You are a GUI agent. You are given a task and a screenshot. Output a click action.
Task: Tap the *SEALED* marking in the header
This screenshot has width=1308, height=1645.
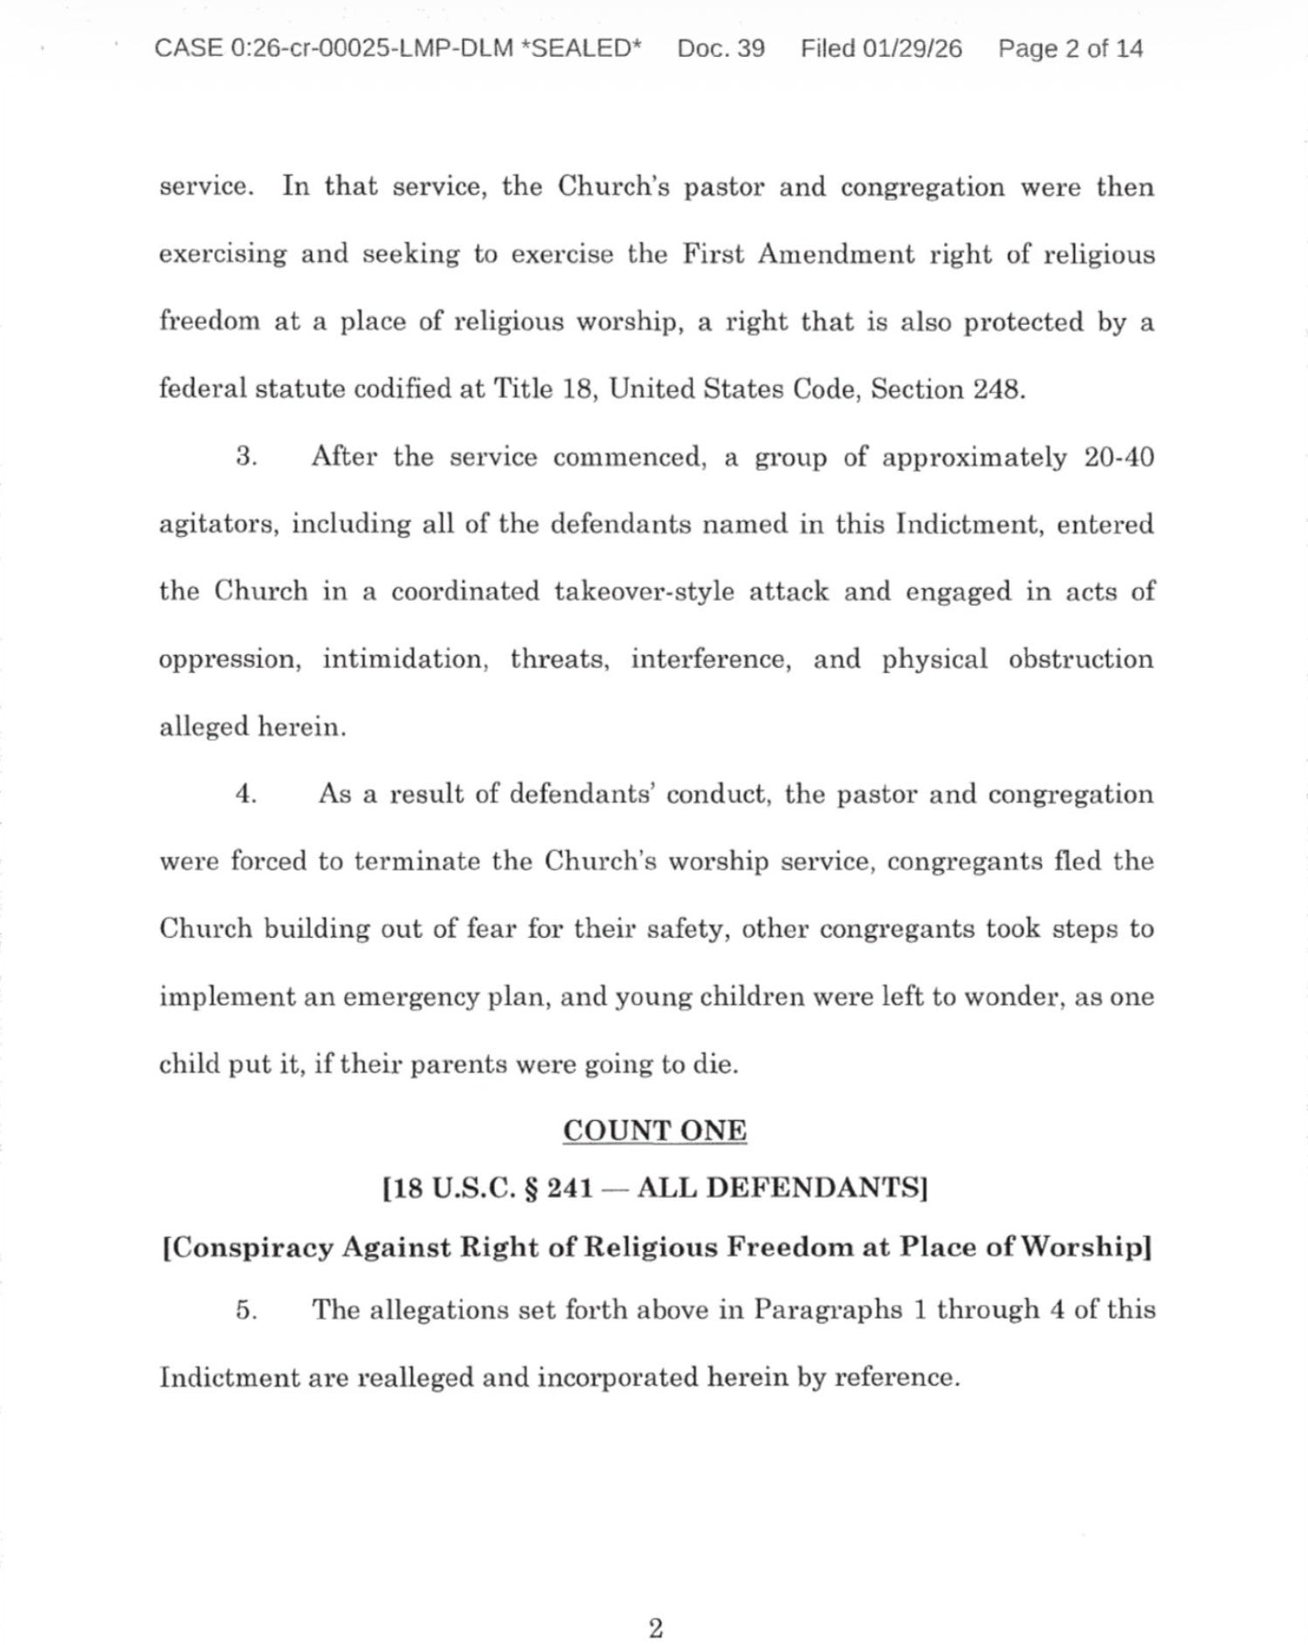tap(581, 48)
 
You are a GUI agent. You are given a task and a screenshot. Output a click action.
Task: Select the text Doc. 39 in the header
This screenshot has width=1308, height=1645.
tap(720, 48)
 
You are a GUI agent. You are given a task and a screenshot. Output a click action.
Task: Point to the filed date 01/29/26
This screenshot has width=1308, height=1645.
tap(912, 48)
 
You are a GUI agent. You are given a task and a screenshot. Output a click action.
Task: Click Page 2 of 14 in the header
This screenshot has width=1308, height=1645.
tap(1070, 48)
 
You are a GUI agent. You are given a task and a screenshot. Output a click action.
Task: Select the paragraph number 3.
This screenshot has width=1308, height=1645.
tap(245, 457)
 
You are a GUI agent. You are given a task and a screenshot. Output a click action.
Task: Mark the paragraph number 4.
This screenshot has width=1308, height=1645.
tap(245, 794)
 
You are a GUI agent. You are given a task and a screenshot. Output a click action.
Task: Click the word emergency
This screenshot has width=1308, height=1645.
tap(410, 996)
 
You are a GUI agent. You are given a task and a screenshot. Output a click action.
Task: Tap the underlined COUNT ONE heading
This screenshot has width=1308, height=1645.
tap(655, 1130)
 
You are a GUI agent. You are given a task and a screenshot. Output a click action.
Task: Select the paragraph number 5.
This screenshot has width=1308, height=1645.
tap(245, 1310)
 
